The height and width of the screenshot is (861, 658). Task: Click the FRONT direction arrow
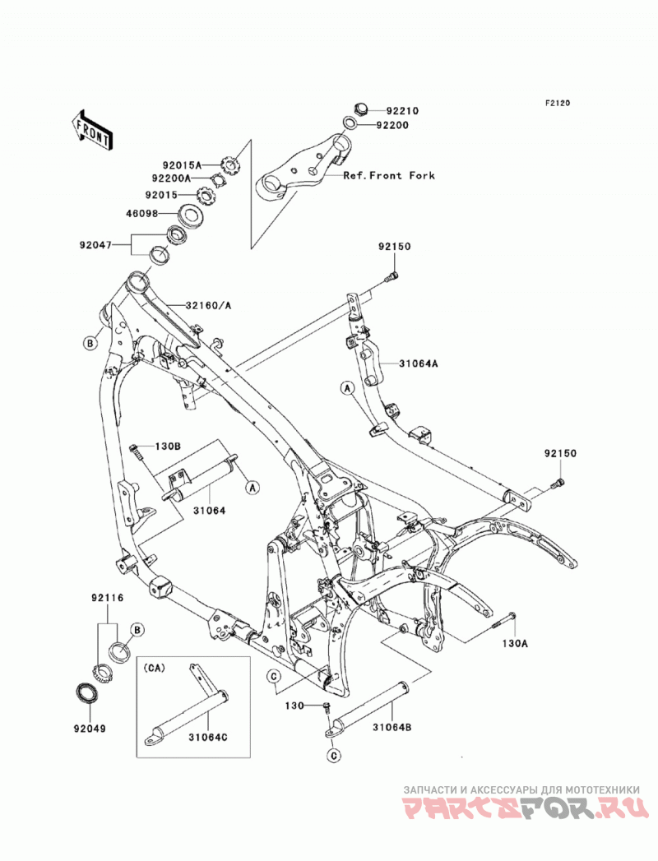[91, 131]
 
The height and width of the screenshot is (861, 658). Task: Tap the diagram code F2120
[558, 103]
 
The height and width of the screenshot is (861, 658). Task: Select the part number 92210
[401, 111]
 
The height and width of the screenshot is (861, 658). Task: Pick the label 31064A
[418, 363]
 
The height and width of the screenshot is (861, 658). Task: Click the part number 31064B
[392, 727]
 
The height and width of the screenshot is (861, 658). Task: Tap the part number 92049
[90, 729]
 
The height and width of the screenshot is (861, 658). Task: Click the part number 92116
[107, 597]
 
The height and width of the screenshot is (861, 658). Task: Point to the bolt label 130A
[514, 643]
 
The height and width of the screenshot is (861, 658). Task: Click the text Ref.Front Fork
[389, 176]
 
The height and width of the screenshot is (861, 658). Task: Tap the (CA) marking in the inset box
[156, 669]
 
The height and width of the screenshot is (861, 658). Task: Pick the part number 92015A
[182, 164]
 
